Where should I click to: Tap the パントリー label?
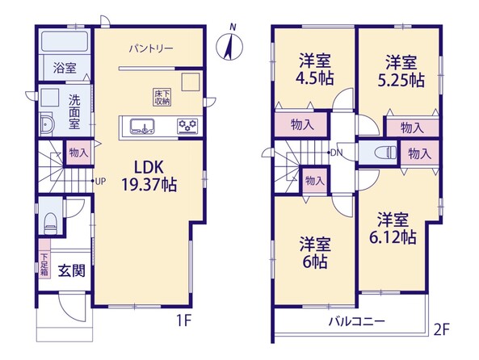click(151, 48)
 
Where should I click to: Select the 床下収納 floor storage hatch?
click(162, 98)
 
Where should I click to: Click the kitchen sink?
click(142, 126)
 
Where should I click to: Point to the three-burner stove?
click(187, 127)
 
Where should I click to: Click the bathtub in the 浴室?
click(65, 42)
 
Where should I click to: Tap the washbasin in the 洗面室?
click(48, 124)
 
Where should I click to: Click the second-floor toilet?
click(387, 153)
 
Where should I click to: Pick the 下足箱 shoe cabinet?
click(45, 258)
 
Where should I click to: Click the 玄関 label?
click(71, 271)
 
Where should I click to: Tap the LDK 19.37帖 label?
click(149, 176)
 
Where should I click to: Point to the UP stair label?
click(100, 182)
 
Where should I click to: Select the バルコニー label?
click(357, 321)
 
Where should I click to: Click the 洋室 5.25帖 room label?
click(401, 70)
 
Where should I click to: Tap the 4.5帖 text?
click(314, 79)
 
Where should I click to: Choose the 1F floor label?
click(184, 320)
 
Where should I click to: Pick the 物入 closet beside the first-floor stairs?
click(78, 153)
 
